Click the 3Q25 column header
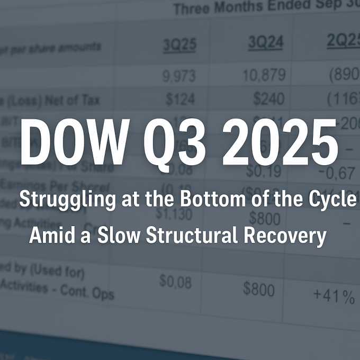click(179, 46)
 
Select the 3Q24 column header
click(265, 42)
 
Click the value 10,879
click(263, 76)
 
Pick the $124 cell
click(180, 99)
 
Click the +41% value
click(334, 296)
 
